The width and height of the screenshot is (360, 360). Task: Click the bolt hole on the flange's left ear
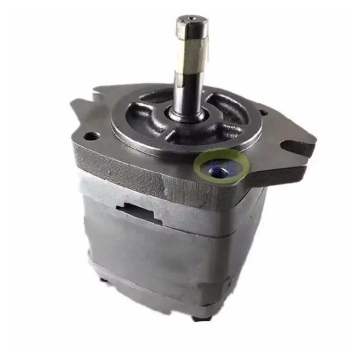coord(93,135)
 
